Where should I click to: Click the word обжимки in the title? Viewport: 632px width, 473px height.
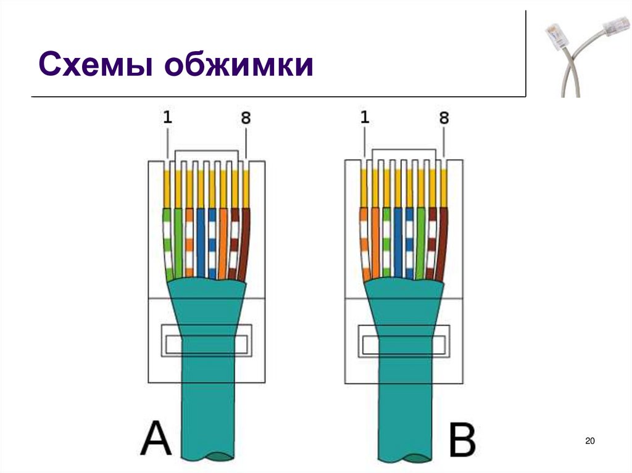pos(239,65)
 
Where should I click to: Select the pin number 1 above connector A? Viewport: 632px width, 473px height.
pos(168,117)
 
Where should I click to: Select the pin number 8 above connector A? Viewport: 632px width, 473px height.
pos(246,118)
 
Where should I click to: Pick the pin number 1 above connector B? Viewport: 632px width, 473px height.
pos(365,117)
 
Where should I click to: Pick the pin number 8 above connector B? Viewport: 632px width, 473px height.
pos(443,118)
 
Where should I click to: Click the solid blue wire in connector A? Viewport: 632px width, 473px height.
pos(201,244)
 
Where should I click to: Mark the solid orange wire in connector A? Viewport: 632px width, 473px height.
pos(223,244)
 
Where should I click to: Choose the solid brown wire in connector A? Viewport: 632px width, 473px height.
pos(244,244)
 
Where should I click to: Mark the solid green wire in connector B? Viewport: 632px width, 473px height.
pos(420,244)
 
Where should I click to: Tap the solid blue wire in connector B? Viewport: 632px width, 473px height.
pos(397,244)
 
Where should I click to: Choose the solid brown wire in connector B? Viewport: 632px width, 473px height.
pos(441,244)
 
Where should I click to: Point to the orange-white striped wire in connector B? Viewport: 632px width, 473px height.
pos(365,244)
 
